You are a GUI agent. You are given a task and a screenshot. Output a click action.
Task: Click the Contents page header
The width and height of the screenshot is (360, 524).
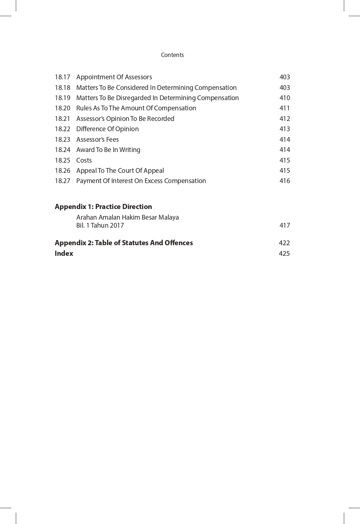172,55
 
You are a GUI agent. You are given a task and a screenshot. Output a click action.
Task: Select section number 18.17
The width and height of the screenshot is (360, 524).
62,77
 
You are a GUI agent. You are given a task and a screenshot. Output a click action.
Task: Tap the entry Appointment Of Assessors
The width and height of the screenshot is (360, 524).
114,77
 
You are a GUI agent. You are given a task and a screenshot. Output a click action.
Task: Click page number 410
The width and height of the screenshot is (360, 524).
284,98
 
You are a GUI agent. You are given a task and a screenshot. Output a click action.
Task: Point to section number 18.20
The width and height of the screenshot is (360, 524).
62,108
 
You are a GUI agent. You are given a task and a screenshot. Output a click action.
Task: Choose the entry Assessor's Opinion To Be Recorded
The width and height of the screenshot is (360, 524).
125,119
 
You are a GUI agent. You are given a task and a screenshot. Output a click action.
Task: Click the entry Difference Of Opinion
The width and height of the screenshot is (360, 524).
107,129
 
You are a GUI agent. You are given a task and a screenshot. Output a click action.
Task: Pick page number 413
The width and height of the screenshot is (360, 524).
284,129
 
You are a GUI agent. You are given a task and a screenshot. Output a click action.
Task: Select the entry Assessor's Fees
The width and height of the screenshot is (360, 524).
97,140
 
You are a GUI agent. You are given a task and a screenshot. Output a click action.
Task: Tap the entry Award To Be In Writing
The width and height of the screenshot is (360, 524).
108,150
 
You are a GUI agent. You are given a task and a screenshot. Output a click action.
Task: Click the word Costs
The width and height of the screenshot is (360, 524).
84,160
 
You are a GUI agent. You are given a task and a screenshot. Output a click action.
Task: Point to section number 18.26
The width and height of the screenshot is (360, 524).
62,171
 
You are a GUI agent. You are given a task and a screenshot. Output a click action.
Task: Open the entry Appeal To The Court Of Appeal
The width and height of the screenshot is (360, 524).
120,171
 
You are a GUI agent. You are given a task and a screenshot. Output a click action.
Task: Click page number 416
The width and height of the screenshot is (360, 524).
284,181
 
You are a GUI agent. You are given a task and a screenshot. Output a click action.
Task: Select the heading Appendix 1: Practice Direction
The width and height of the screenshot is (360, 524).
103,206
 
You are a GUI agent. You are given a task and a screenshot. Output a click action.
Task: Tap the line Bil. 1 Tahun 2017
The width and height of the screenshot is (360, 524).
100,225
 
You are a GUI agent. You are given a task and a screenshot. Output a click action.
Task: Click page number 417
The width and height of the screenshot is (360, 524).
284,225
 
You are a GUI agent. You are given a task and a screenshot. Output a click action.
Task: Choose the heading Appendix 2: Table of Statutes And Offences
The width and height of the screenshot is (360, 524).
124,243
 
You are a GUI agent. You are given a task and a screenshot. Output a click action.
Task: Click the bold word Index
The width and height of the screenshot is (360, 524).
64,254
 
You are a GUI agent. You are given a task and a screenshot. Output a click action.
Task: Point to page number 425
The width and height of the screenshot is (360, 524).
284,254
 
